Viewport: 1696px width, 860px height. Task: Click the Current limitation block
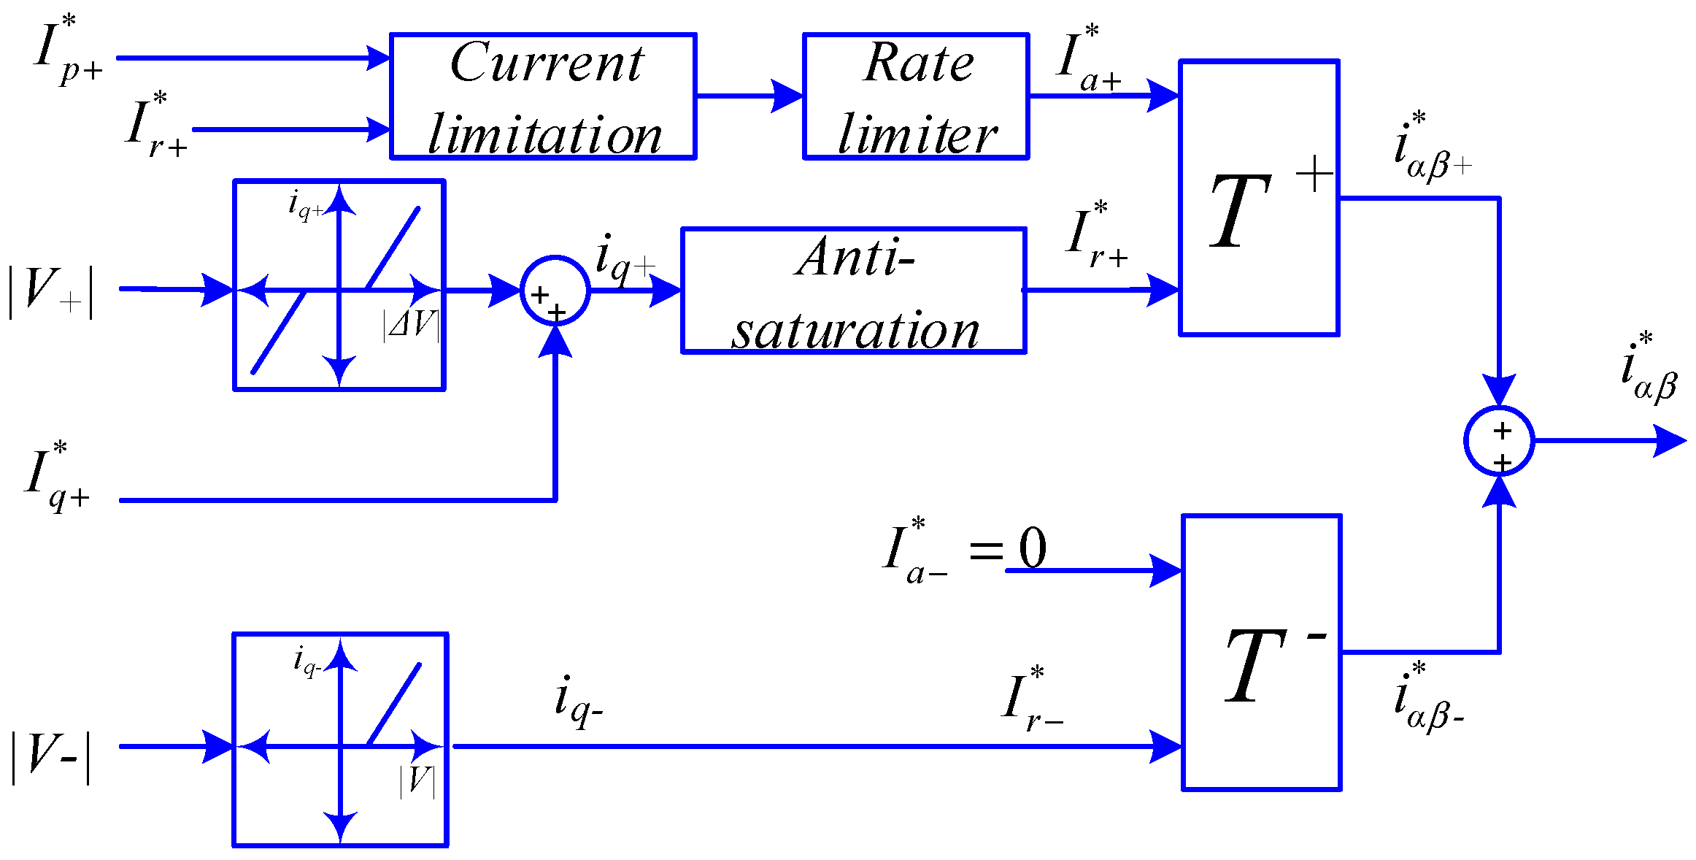point(543,96)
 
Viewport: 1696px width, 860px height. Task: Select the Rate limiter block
point(916,96)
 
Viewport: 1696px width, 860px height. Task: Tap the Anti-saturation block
point(853,291)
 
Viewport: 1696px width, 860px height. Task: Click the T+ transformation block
point(1259,198)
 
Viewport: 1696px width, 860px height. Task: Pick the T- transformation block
point(1261,652)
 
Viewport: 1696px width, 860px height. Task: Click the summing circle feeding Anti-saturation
point(555,291)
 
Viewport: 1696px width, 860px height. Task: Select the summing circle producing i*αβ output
point(1498,441)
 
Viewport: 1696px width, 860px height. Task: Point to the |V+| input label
point(50,292)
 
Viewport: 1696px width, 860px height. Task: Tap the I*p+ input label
point(67,51)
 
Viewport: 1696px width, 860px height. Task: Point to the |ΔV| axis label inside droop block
point(411,324)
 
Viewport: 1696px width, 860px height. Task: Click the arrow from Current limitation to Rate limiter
point(749,96)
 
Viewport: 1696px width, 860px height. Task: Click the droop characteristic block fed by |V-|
point(340,740)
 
